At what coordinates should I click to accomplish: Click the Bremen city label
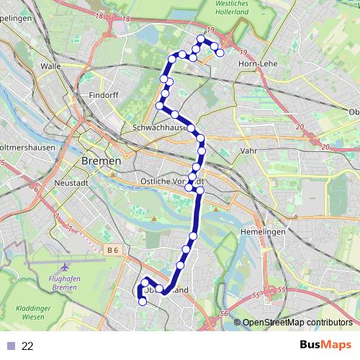coord(102,161)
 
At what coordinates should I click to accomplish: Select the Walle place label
coord(51,66)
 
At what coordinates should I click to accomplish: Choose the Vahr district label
coord(248,151)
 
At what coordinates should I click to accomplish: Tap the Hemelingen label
coord(263,232)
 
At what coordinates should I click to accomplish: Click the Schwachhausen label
coord(160,127)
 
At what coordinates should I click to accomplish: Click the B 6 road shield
coord(111,250)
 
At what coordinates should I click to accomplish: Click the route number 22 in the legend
coord(27,346)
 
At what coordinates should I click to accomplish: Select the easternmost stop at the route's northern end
coord(220,53)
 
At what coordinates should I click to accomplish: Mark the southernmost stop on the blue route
coord(142,302)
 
